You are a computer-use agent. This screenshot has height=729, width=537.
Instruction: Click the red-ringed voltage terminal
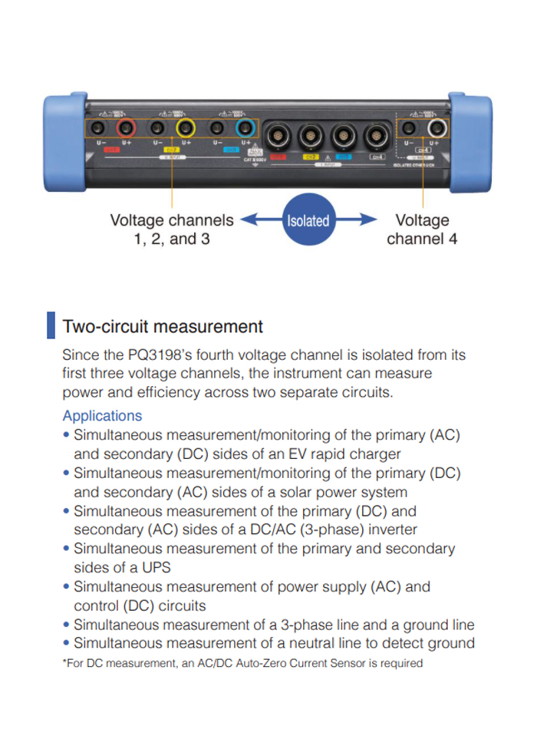pos(126,127)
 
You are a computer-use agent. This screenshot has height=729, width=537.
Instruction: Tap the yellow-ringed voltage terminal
pos(186,127)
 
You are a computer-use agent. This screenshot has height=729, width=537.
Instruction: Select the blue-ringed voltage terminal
pos(245,127)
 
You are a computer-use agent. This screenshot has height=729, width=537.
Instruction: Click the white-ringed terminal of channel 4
pos(437,127)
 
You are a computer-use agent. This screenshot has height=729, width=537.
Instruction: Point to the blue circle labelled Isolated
pos(308,221)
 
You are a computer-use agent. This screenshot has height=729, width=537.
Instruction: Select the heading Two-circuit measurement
pos(162,326)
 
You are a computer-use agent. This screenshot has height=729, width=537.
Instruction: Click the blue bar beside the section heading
pos(51,325)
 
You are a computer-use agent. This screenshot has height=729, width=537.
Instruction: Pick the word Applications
pos(102,416)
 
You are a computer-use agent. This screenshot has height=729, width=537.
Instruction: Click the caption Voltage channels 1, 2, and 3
pos(172,229)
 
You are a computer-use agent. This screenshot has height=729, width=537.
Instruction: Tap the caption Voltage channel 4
pos(422,229)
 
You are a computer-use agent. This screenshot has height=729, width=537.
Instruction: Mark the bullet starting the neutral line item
pos(67,643)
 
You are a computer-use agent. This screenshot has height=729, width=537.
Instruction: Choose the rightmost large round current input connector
pos(375,136)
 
